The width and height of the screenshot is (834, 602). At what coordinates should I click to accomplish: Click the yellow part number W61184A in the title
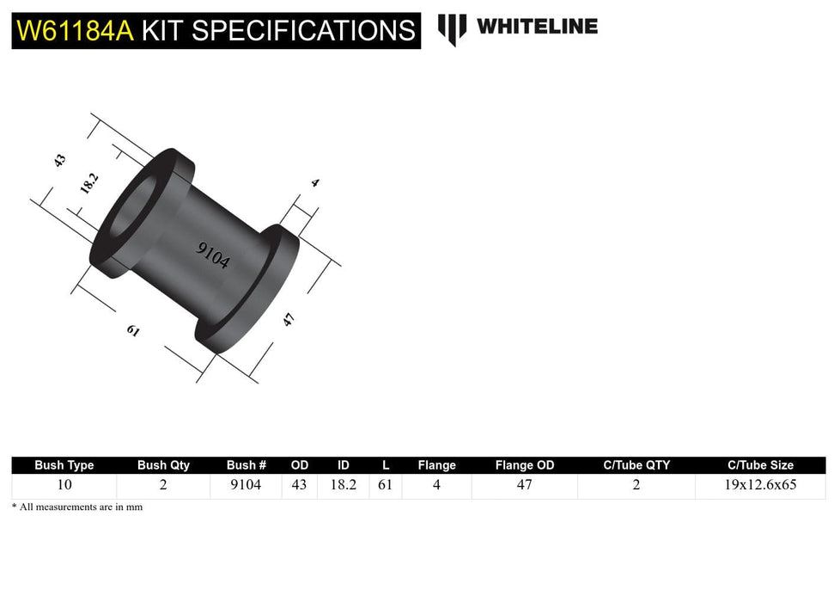pos(75,31)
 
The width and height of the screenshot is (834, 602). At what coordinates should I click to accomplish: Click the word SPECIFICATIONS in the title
pos(304,31)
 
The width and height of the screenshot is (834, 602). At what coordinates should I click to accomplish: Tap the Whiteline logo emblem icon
pos(452,29)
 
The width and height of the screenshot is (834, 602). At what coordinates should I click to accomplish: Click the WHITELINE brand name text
pos(537,27)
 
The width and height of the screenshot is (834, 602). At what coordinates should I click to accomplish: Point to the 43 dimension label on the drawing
pos(59,160)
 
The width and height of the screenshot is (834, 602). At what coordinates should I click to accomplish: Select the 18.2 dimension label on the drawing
pos(89,183)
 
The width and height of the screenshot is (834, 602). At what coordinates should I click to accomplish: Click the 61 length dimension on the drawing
pos(133,331)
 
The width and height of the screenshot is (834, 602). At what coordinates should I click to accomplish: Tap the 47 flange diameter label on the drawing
pos(289,320)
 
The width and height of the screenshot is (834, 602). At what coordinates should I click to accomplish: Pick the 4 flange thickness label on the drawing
pos(315,182)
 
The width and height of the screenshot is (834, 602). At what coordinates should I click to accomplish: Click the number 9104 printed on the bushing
pos(213,255)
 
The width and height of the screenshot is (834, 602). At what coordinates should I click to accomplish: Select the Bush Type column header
pos(64,465)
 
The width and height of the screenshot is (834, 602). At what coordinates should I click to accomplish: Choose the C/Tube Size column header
pos(760,465)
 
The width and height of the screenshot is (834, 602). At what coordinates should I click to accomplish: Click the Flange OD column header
pos(524,465)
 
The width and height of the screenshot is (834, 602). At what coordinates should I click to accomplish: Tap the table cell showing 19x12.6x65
pos(760,485)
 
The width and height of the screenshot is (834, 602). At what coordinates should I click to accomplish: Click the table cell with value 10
pos(64,485)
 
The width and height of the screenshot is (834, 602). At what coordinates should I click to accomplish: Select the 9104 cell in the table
pos(247,485)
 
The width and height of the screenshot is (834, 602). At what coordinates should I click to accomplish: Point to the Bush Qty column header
pos(163,465)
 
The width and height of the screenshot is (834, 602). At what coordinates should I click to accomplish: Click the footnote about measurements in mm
pos(77,507)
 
